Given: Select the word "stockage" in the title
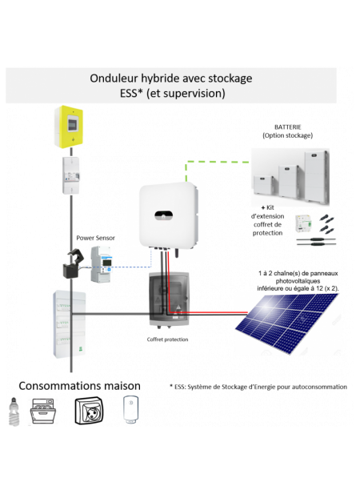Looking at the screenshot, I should click(x=230, y=78).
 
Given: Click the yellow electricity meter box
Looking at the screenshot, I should click(x=68, y=127).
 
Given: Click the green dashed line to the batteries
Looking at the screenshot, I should click(x=216, y=162).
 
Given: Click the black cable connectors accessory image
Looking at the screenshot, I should click(x=315, y=231).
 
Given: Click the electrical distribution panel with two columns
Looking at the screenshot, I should click(x=70, y=323).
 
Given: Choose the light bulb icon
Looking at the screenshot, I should click(x=13, y=410).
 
